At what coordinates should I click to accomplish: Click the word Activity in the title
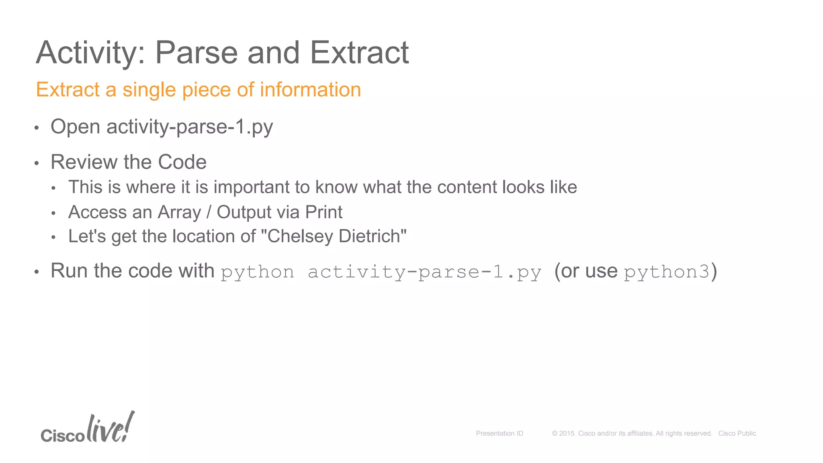(90, 53)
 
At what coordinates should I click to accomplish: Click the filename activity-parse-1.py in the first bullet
(190, 127)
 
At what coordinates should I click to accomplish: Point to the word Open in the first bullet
(75, 127)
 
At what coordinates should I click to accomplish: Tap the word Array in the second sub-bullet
(179, 212)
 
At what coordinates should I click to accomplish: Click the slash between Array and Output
(209, 212)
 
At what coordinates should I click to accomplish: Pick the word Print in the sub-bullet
(323, 212)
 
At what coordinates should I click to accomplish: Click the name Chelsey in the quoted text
(300, 236)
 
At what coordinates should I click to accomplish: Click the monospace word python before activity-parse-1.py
(257, 272)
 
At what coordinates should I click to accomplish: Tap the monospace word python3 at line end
(667, 272)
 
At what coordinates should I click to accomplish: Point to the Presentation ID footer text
(500, 433)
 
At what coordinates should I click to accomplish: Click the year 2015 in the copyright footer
(567, 433)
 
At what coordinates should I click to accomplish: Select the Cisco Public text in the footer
(737, 433)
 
